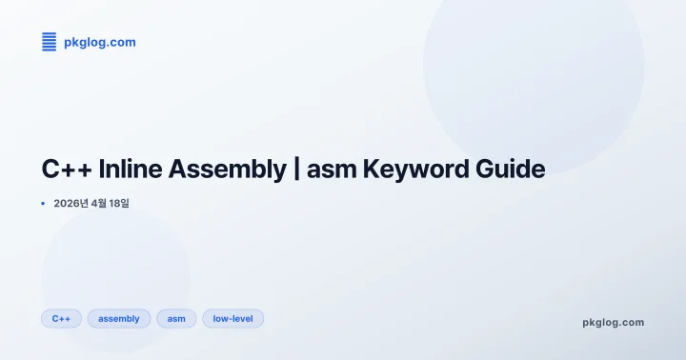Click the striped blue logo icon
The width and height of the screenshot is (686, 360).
[x=50, y=42]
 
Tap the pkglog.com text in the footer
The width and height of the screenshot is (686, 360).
[x=613, y=322]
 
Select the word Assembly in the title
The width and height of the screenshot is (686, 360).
[x=226, y=170]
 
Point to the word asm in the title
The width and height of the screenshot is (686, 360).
[x=333, y=170]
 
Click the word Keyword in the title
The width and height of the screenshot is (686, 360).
[x=417, y=170]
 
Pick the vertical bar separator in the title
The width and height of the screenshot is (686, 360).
[x=297, y=170]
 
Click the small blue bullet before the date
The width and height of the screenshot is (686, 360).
[x=44, y=203]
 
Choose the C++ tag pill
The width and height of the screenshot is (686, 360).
[x=61, y=318]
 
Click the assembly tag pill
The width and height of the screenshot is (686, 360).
[x=119, y=318]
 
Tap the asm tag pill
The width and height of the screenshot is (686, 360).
[x=176, y=318]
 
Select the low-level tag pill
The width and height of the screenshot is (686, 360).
[x=232, y=318]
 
